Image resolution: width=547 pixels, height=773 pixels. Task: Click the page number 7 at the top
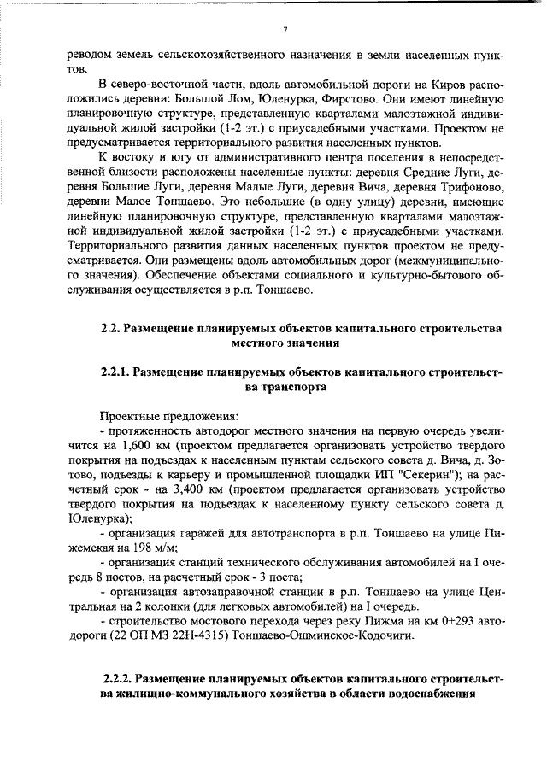tap(285, 30)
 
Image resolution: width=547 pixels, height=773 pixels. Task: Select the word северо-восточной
tap(152, 84)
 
